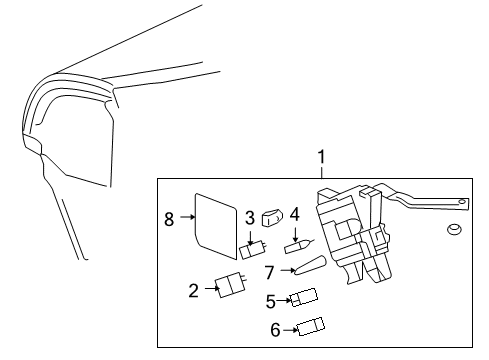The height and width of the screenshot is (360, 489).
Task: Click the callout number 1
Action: [x=321, y=156]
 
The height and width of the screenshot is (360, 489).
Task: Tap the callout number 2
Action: [x=193, y=291]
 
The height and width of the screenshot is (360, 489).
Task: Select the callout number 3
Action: [x=249, y=217]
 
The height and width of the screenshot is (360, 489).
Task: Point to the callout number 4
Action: [x=295, y=214]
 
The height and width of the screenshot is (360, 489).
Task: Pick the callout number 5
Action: [x=271, y=299]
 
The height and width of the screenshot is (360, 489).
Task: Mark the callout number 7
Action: [x=270, y=270]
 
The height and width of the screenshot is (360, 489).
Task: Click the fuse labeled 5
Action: [x=304, y=298]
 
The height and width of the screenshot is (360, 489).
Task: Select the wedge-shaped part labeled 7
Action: [x=311, y=266]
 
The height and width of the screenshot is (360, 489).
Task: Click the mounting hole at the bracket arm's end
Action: [x=462, y=203]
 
